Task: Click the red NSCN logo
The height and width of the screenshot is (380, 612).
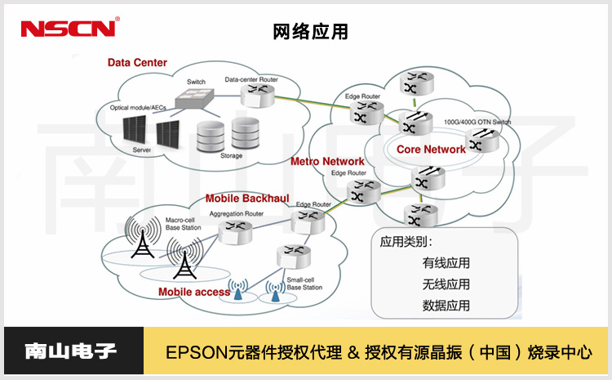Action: click(x=69, y=29)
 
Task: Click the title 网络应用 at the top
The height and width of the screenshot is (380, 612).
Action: click(x=310, y=32)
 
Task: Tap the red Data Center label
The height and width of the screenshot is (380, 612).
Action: click(x=137, y=63)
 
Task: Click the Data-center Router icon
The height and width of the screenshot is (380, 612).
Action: click(x=257, y=92)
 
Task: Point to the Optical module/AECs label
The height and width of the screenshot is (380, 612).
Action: click(x=138, y=108)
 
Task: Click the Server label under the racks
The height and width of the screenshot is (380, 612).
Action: click(x=142, y=150)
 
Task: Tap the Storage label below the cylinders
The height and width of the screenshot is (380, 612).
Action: click(x=231, y=154)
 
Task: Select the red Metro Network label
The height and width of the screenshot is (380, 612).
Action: click(x=327, y=162)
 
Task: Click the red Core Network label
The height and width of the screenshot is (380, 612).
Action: click(x=431, y=150)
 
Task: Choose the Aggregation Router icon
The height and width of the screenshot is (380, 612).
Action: click(x=234, y=231)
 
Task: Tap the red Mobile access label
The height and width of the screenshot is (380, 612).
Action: click(x=194, y=292)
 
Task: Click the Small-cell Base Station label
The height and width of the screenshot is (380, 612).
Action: click(x=304, y=284)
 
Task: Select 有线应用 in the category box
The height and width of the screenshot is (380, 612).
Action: click(x=446, y=263)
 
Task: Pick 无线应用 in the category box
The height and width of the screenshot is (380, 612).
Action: click(x=446, y=284)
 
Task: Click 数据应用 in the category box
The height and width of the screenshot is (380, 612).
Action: click(x=446, y=306)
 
